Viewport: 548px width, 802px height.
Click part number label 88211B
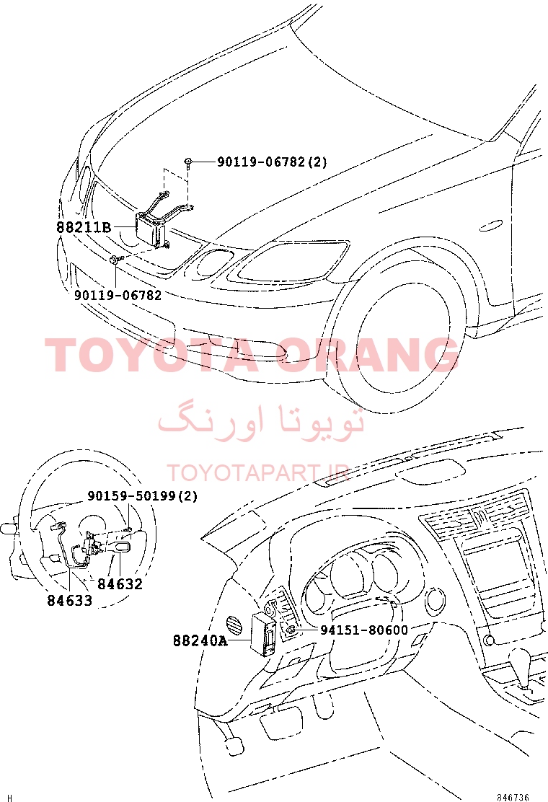84,226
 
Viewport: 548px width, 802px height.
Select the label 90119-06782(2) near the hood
272,162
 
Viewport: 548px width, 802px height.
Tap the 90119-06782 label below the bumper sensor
118,295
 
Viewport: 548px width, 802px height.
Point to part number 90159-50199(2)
143,495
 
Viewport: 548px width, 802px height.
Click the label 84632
120,583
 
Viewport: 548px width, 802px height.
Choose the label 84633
70,601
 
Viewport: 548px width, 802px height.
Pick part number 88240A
200,640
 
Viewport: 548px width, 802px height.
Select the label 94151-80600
364,630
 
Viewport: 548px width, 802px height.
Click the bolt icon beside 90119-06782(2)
188,162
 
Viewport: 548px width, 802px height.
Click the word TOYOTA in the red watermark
151,354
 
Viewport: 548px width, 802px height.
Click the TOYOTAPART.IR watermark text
258,473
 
